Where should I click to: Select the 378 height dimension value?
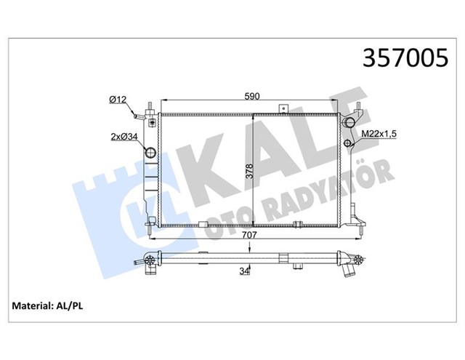click(248, 172)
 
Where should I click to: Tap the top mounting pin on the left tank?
click(147, 107)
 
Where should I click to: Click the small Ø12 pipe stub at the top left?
click(137, 115)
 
